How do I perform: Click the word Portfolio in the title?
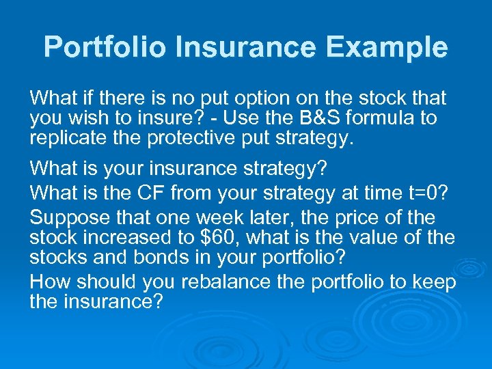pos(105,48)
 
